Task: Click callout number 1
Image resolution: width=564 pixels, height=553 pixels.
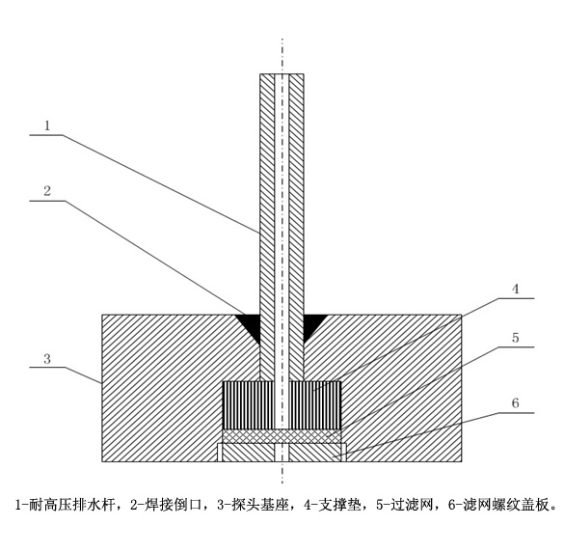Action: point(47,125)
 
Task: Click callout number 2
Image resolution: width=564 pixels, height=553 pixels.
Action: point(47,191)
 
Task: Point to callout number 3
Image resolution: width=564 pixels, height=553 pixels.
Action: point(47,359)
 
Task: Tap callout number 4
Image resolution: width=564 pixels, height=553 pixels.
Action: point(516,290)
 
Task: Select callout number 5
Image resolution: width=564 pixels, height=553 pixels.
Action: point(516,338)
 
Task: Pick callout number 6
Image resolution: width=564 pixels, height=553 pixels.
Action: point(516,402)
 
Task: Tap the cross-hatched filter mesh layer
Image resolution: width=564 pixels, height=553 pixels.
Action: point(282,436)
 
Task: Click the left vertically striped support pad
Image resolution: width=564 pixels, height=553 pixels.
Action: point(249,404)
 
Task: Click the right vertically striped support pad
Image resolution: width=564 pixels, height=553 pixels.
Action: point(314,404)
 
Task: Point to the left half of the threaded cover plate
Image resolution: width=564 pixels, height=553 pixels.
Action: point(248,453)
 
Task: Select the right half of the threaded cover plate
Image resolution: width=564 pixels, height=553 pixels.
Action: point(315,453)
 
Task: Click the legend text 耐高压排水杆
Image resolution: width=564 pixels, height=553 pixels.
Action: point(71,505)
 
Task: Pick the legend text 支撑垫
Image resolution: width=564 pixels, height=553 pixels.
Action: point(340,505)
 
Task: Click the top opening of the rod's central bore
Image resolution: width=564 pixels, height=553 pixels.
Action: point(282,74)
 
